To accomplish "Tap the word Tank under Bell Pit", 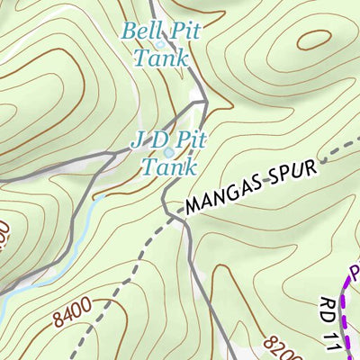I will pos(161,58).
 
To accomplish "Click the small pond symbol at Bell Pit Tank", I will pos(160,44).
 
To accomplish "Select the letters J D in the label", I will pos(148,140).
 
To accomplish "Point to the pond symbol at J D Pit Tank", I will pos(168,153).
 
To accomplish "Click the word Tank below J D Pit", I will pos(168,167).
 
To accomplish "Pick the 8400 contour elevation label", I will pos(72,315).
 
